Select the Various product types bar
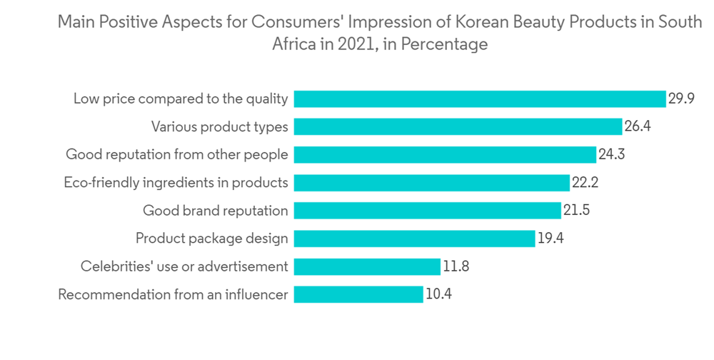[458, 126]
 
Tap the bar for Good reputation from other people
[445, 154]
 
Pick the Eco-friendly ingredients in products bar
[432, 182]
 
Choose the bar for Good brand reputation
[427, 210]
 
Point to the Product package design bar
[414, 238]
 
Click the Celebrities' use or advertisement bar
[367, 266]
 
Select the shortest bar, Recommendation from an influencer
[358, 294]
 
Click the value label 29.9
[681, 99]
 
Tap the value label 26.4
[638, 126]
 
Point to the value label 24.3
[611, 154]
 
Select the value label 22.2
[585, 182]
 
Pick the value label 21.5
[576, 210]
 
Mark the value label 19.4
[550, 238]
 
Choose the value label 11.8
[456, 266]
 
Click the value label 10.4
[438, 294]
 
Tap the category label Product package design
[212, 239]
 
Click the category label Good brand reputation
[216, 211]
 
